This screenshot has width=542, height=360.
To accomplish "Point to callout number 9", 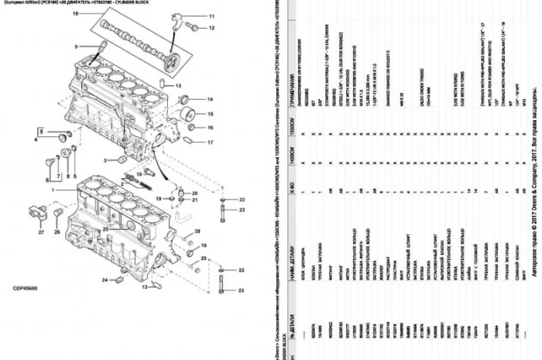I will pyautogui.click(x=77, y=46).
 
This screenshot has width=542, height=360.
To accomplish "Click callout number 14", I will pyautogui.click(x=209, y=99).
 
